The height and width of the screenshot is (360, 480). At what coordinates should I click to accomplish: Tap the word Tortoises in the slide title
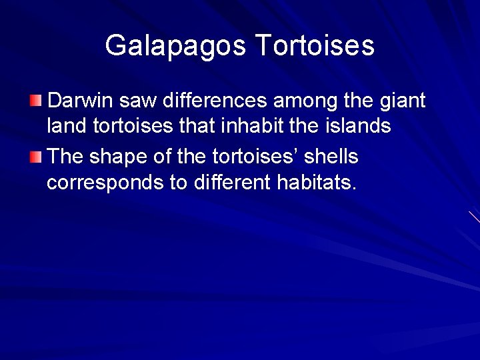(x=315, y=46)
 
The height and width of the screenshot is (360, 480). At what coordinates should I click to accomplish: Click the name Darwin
(x=81, y=101)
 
